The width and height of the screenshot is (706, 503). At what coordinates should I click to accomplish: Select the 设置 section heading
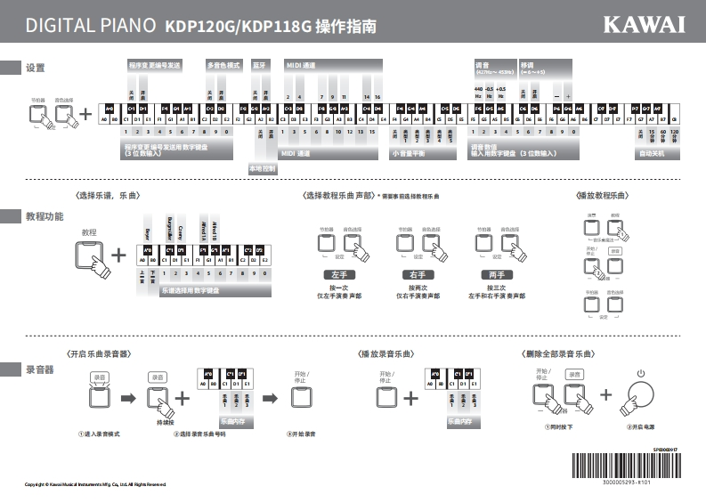coord(36,69)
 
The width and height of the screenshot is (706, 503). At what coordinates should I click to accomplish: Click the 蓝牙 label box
coord(260,65)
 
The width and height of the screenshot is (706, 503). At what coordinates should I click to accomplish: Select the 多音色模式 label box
coord(223,65)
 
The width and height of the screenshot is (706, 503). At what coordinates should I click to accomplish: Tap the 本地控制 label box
coord(262,167)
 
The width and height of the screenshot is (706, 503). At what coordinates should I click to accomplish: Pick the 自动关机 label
coord(652,153)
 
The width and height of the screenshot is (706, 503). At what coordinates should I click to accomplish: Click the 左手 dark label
coord(339,275)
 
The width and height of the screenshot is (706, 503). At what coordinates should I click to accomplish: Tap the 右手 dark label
coord(418,275)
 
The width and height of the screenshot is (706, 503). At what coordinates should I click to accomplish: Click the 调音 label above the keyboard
coord(483,64)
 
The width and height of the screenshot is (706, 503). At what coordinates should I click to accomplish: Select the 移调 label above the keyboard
coord(527,64)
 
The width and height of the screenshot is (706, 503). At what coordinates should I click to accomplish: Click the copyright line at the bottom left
coord(95,484)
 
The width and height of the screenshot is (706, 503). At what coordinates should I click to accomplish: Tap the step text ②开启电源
coord(637,426)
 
